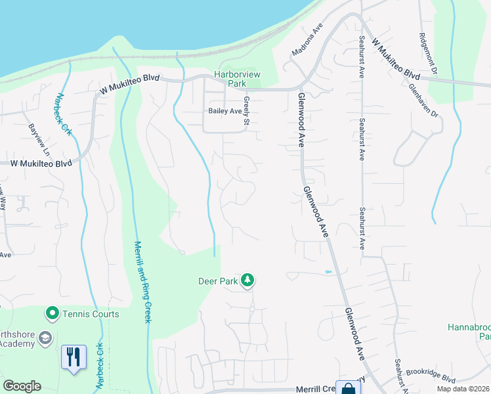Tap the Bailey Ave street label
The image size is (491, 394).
(x=225, y=111)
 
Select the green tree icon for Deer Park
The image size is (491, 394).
(x=247, y=280)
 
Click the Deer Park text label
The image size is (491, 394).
(x=217, y=281)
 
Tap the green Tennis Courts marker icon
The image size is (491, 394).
(x=52, y=314)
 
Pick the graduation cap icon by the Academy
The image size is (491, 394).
(x=45, y=338)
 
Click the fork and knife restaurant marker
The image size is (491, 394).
(x=73, y=357)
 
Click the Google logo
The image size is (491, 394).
(x=22, y=386)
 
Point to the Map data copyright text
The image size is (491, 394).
(x=463, y=389)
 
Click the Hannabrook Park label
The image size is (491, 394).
(x=469, y=331)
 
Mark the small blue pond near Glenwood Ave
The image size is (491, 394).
(x=328, y=271)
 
